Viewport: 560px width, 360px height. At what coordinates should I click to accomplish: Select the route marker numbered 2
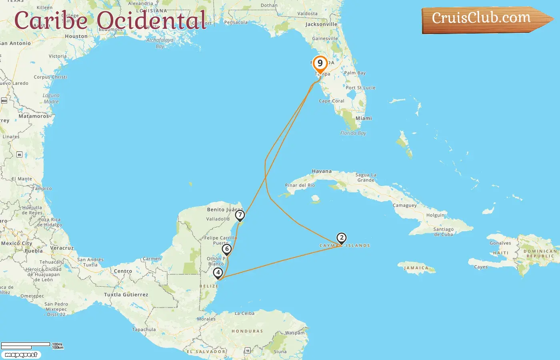click(341, 238)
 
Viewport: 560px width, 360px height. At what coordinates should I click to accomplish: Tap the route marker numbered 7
click(240, 215)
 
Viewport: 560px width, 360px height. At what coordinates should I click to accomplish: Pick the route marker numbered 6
click(227, 249)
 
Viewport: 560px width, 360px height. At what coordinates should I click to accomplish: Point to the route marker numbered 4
click(218, 273)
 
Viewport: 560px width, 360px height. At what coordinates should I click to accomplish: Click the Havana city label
click(322, 171)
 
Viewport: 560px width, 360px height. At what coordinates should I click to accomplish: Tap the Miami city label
click(364, 118)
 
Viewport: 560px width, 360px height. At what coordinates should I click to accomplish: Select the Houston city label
click(76, 36)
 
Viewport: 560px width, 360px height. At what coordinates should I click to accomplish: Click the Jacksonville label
click(321, 24)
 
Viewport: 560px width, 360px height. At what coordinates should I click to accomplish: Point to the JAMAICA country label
click(416, 268)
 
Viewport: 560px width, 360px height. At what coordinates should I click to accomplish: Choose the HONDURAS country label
click(247, 331)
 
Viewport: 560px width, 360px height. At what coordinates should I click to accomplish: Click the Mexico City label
click(16, 243)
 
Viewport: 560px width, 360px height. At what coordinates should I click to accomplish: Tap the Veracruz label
click(62, 248)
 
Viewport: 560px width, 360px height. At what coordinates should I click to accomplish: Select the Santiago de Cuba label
click(443, 232)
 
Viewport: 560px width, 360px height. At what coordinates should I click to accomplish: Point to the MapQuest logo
click(21, 354)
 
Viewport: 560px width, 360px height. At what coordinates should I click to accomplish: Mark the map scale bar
click(26, 346)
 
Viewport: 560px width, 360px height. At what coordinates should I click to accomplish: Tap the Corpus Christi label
click(50, 77)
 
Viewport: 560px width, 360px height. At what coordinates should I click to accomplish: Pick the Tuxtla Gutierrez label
click(126, 295)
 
